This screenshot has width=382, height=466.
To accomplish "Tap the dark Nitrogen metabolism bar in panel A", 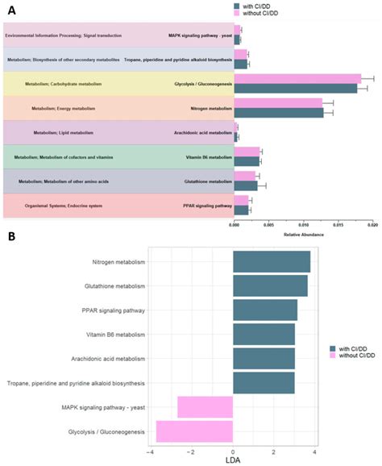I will (278, 113).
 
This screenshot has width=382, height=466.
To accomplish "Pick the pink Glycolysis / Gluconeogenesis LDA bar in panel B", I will (194, 431).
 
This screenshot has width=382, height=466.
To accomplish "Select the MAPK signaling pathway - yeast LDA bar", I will (205, 407).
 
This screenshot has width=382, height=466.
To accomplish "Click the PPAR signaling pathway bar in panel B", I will (264, 310).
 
